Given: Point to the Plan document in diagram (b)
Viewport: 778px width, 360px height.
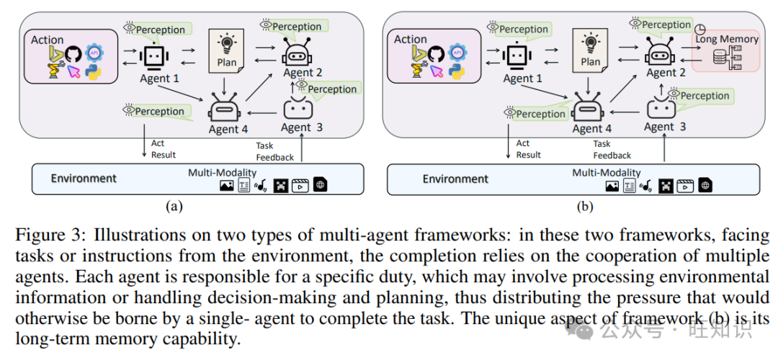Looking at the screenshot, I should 590,50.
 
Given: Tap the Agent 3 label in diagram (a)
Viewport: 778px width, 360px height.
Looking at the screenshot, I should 296,127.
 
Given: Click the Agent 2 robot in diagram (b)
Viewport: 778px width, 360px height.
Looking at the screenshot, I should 660,53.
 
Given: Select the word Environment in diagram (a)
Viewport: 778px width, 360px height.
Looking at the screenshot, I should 84,178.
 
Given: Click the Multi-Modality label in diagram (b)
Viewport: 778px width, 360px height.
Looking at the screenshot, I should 607,173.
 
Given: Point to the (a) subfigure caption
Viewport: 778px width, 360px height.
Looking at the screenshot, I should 174,207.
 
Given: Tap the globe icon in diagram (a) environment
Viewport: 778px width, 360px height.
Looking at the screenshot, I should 320,185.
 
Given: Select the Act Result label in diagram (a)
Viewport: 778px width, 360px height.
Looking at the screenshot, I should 163,149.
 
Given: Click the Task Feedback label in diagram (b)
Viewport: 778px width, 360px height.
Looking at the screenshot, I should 612,149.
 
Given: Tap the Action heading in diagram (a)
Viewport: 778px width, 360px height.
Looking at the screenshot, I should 48,40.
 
